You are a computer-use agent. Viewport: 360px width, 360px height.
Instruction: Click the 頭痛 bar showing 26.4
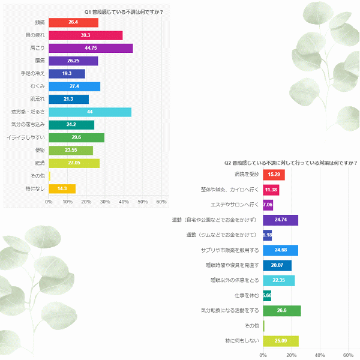[x=73, y=23]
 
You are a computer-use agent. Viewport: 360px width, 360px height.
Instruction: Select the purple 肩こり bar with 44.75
[x=91, y=48]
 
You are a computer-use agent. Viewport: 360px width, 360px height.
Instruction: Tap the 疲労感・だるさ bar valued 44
[x=90, y=112]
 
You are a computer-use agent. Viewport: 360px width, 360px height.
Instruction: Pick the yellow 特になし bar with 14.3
[x=62, y=188]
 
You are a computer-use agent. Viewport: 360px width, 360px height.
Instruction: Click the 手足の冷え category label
[x=34, y=74]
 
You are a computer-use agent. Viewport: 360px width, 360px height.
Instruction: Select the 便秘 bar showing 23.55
[x=71, y=150]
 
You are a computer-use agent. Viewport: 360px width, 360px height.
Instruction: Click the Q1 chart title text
[x=124, y=11]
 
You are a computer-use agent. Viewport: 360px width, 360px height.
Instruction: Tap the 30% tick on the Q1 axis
[x=105, y=201]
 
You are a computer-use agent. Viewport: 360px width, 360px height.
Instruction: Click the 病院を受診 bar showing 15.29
[x=274, y=175]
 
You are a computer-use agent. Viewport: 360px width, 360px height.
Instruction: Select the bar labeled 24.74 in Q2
[x=280, y=220]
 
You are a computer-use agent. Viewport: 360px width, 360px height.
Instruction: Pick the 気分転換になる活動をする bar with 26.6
[x=281, y=311]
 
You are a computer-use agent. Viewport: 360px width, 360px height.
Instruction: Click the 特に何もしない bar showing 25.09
[x=280, y=341]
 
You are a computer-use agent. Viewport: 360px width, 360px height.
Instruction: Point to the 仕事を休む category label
[x=247, y=296]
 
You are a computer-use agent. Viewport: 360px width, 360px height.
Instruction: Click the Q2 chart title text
[x=290, y=163]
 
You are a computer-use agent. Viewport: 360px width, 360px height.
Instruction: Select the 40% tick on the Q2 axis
[x=320, y=354]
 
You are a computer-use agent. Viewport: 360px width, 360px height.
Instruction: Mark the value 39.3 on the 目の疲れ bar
[x=85, y=35]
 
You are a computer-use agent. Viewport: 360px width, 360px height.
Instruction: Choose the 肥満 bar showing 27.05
[x=74, y=163]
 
